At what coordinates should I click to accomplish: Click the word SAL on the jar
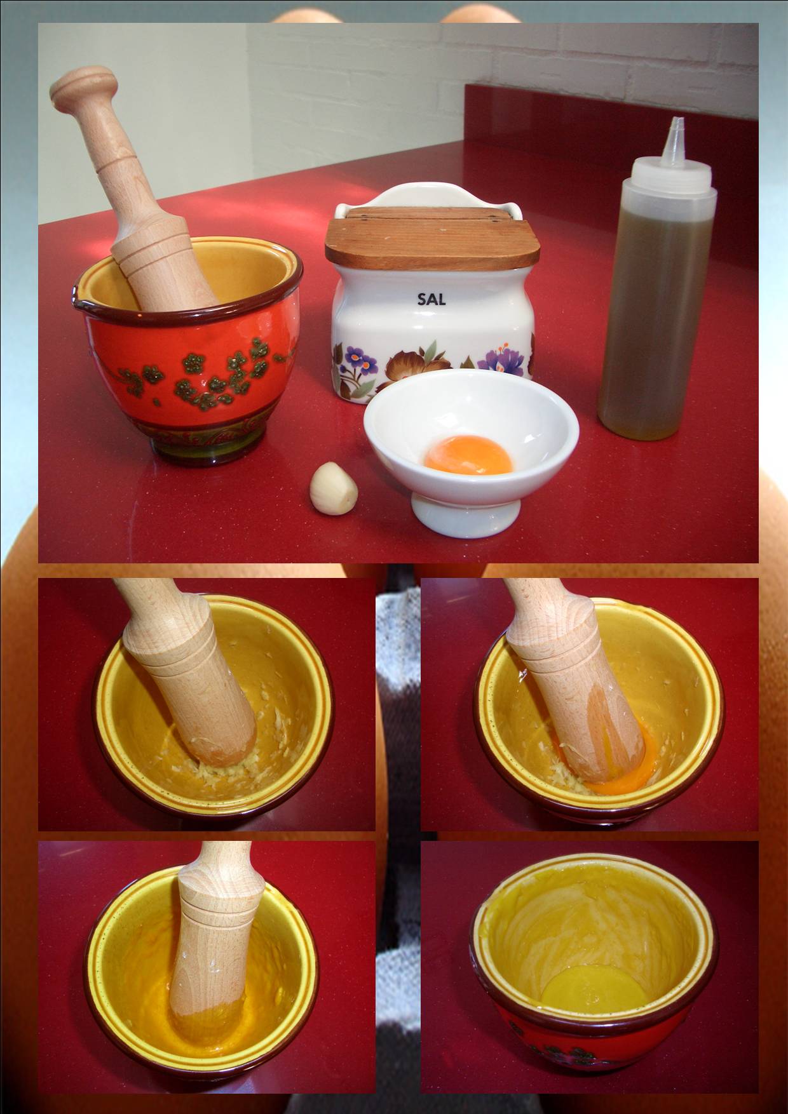tap(431, 299)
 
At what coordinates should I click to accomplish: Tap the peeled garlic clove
tap(334, 487)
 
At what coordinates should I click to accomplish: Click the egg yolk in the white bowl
tap(468, 455)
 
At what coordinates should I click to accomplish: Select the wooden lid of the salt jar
tap(432, 236)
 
